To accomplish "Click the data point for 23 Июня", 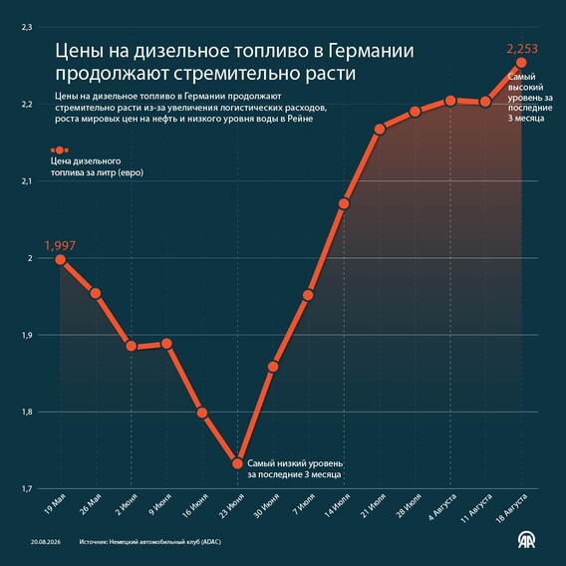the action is [x=237, y=463].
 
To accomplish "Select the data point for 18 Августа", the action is [x=521, y=63].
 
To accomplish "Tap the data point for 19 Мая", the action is [x=60, y=259].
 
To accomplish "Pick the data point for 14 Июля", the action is [x=344, y=204].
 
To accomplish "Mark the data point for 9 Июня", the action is [x=166, y=344].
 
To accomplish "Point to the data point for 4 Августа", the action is [x=450, y=101].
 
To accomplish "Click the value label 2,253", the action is [x=522, y=49].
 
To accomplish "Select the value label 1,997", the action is [x=60, y=246].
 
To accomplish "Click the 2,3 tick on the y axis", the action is [x=27, y=27].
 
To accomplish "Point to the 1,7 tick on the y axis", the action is [x=27, y=488].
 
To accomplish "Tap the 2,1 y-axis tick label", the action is [x=27, y=181].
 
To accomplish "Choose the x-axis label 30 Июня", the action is [x=266, y=506].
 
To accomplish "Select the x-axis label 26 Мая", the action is [x=91, y=504].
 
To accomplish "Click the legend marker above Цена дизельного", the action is [x=60, y=150].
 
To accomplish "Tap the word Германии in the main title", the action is [x=371, y=51].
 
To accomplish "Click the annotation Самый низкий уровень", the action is [x=295, y=463].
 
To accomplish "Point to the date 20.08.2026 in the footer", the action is [x=46, y=542].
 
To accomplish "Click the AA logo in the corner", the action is [x=527, y=540].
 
